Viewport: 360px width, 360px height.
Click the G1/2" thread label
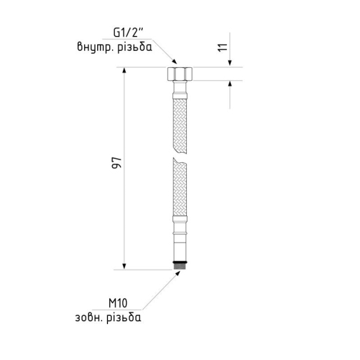pos(128,33)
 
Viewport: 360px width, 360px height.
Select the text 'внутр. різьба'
pos(115,47)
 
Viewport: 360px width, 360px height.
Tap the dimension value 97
pos(116,163)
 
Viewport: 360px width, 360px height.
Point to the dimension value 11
pos(223,48)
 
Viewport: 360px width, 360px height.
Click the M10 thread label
pos(118,304)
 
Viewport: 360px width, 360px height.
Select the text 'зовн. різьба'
pos(108,318)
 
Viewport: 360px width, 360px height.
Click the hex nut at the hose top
pos(180,74)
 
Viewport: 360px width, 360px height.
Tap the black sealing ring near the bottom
pos(180,262)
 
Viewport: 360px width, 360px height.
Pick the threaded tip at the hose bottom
pos(180,266)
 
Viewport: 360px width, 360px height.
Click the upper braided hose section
pos(180,126)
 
